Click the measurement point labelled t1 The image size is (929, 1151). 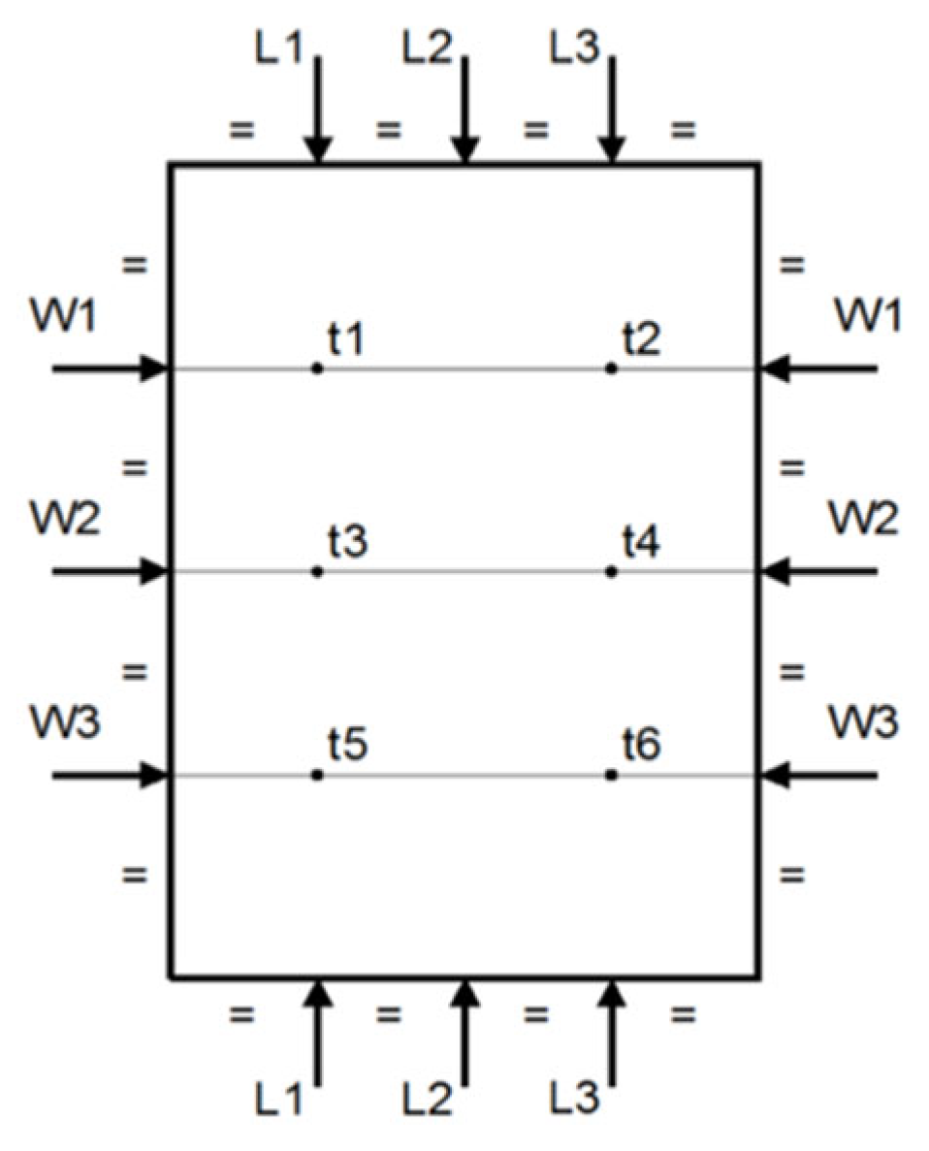[317, 368]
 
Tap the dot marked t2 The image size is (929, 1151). [611, 368]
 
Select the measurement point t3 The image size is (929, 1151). [317, 572]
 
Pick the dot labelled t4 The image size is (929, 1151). [611, 572]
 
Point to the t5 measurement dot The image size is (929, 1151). [317, 775]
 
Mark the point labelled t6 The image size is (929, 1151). [611, 775]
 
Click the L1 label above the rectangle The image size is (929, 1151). [284, 49]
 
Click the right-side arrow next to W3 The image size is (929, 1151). [819, 775]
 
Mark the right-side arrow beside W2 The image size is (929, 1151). [819, 572]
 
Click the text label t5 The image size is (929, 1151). [347, 748]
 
